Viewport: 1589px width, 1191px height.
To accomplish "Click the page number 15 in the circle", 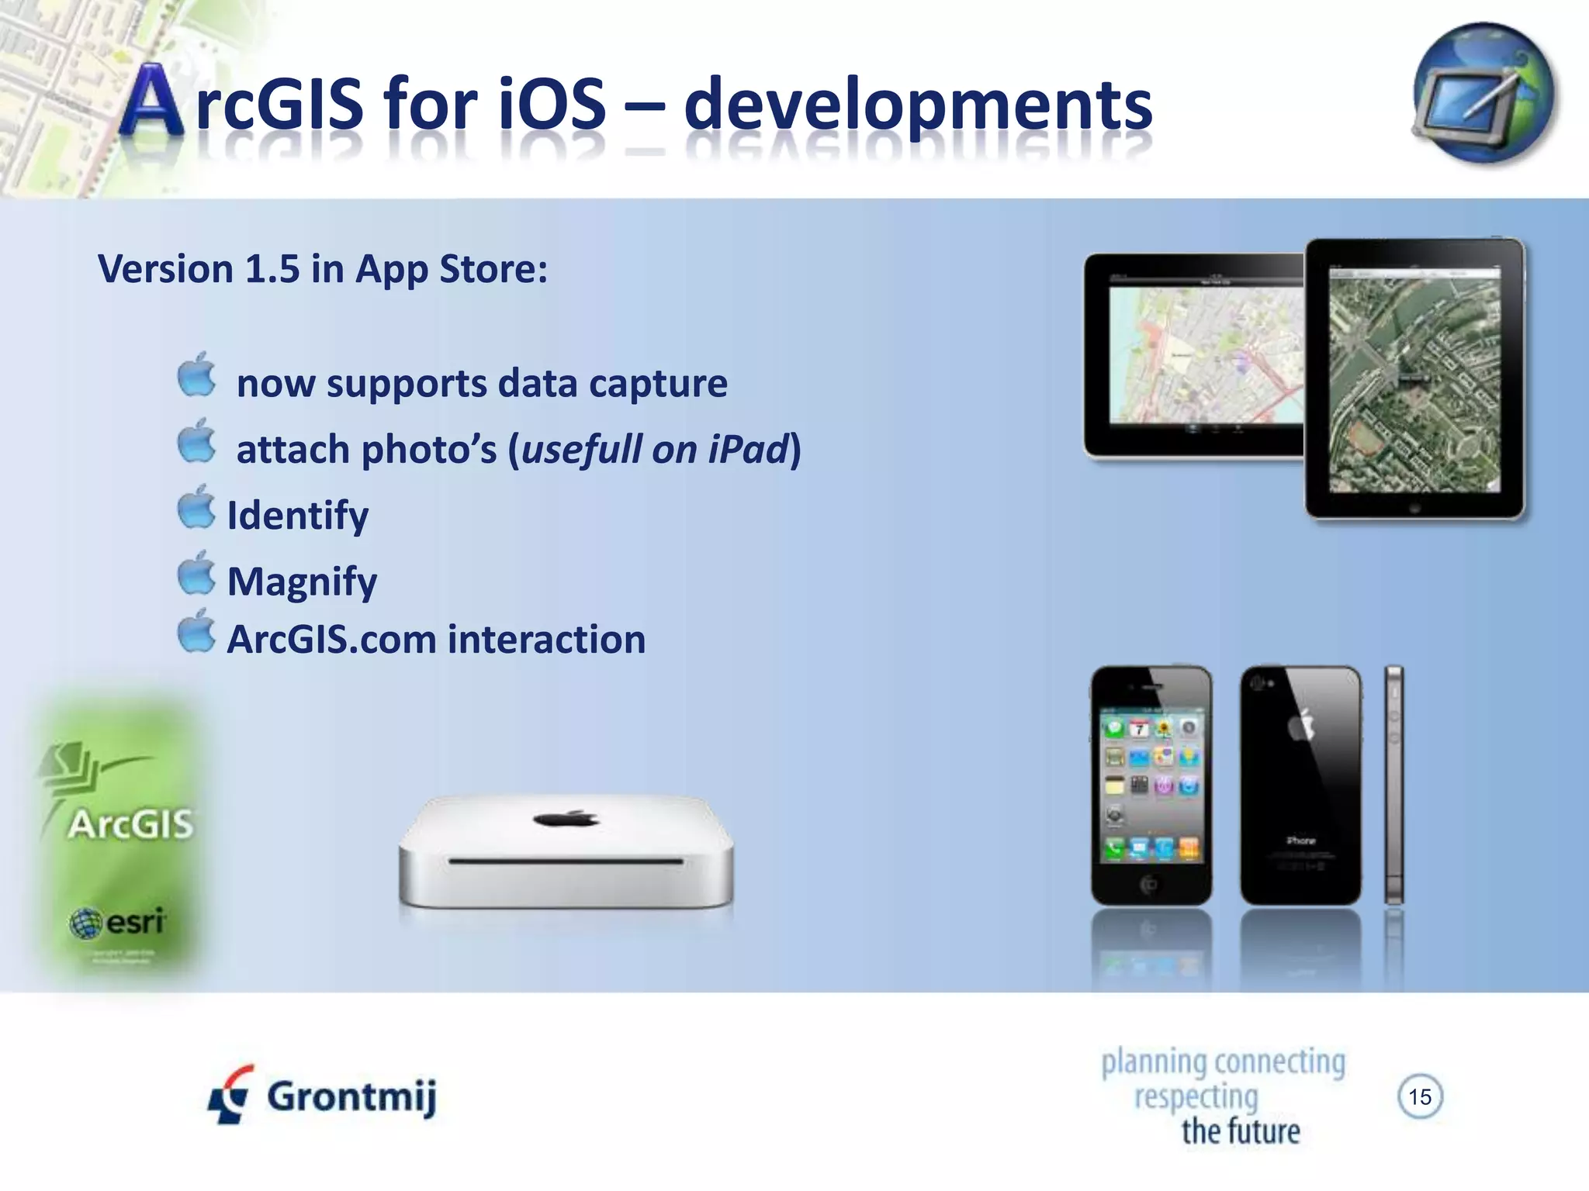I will pos(1420,1096).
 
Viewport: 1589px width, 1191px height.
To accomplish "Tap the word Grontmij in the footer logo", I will pos(351,1096).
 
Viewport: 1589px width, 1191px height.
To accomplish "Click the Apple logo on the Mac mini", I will pos(566,818).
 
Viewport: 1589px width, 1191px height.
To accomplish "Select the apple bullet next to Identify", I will pos(196,508).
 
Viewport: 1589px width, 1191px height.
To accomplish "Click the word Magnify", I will pos(302,582).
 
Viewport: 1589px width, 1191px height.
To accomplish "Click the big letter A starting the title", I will pos(153,102).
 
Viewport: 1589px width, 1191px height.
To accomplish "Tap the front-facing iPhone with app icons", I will pos(1151,785).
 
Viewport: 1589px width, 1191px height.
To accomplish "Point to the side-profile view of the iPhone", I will pos(1394,785).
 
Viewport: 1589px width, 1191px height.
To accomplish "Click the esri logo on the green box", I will pos(118,923).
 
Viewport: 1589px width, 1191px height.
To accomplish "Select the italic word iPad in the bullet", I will pos(748,450).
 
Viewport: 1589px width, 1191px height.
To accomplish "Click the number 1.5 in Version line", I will pos(272,269).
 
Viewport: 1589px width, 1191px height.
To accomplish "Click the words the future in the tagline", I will pos(1241,1131).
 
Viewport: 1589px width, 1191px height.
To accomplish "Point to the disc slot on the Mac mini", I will pos(566,861).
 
